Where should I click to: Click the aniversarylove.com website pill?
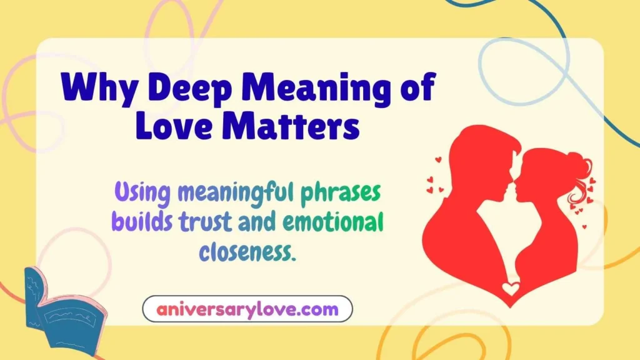247,309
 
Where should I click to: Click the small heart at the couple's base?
511,289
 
